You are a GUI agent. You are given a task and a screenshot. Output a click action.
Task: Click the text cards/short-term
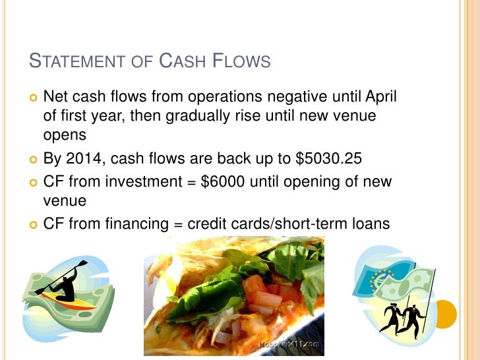click(x=289, y=224)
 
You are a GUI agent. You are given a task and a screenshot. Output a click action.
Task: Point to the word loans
click(x=371, y=224)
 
